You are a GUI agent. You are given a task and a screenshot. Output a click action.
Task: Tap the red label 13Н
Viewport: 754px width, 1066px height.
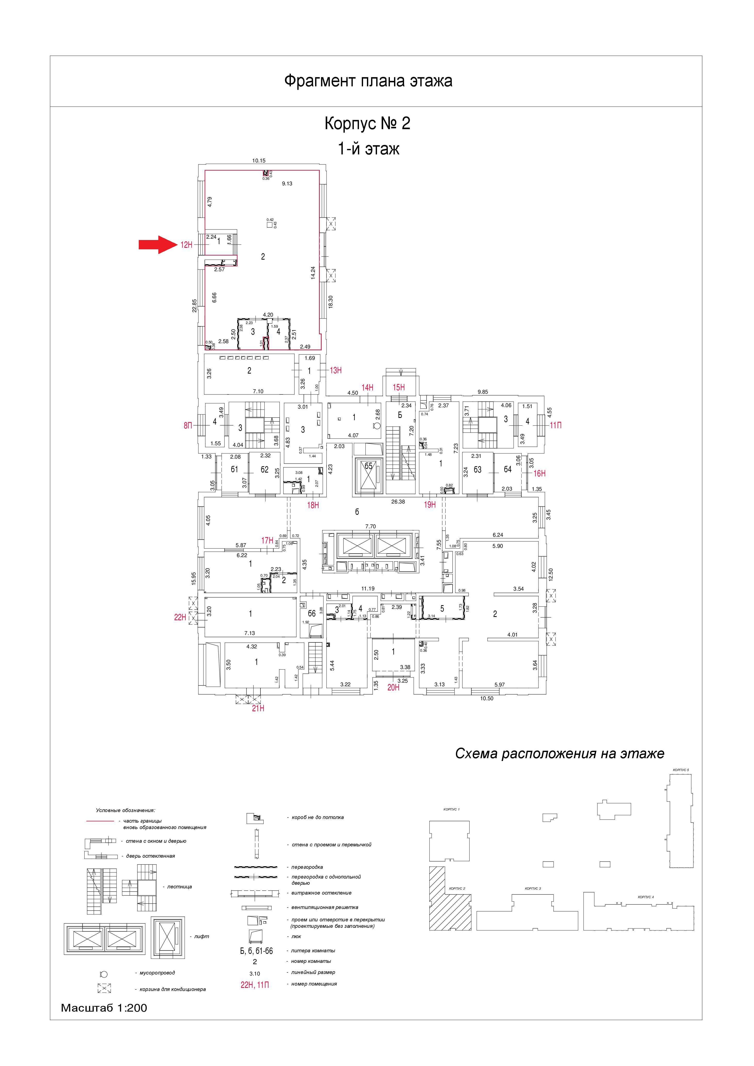[336, 370]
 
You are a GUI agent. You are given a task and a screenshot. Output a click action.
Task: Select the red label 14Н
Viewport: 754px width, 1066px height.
[367, 388]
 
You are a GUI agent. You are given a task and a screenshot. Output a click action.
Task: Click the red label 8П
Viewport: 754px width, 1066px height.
[187, 425]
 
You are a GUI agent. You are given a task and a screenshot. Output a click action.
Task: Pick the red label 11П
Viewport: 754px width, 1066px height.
[556, 425]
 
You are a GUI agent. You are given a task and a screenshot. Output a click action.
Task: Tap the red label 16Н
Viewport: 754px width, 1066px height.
[539, 474]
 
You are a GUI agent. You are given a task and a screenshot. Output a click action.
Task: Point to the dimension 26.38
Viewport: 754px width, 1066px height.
[398, 501]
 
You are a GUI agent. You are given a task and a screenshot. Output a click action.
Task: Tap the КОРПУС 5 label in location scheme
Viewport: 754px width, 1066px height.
[681, 770]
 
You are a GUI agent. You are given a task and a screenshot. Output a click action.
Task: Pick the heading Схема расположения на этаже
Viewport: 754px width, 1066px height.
[560, 754]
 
